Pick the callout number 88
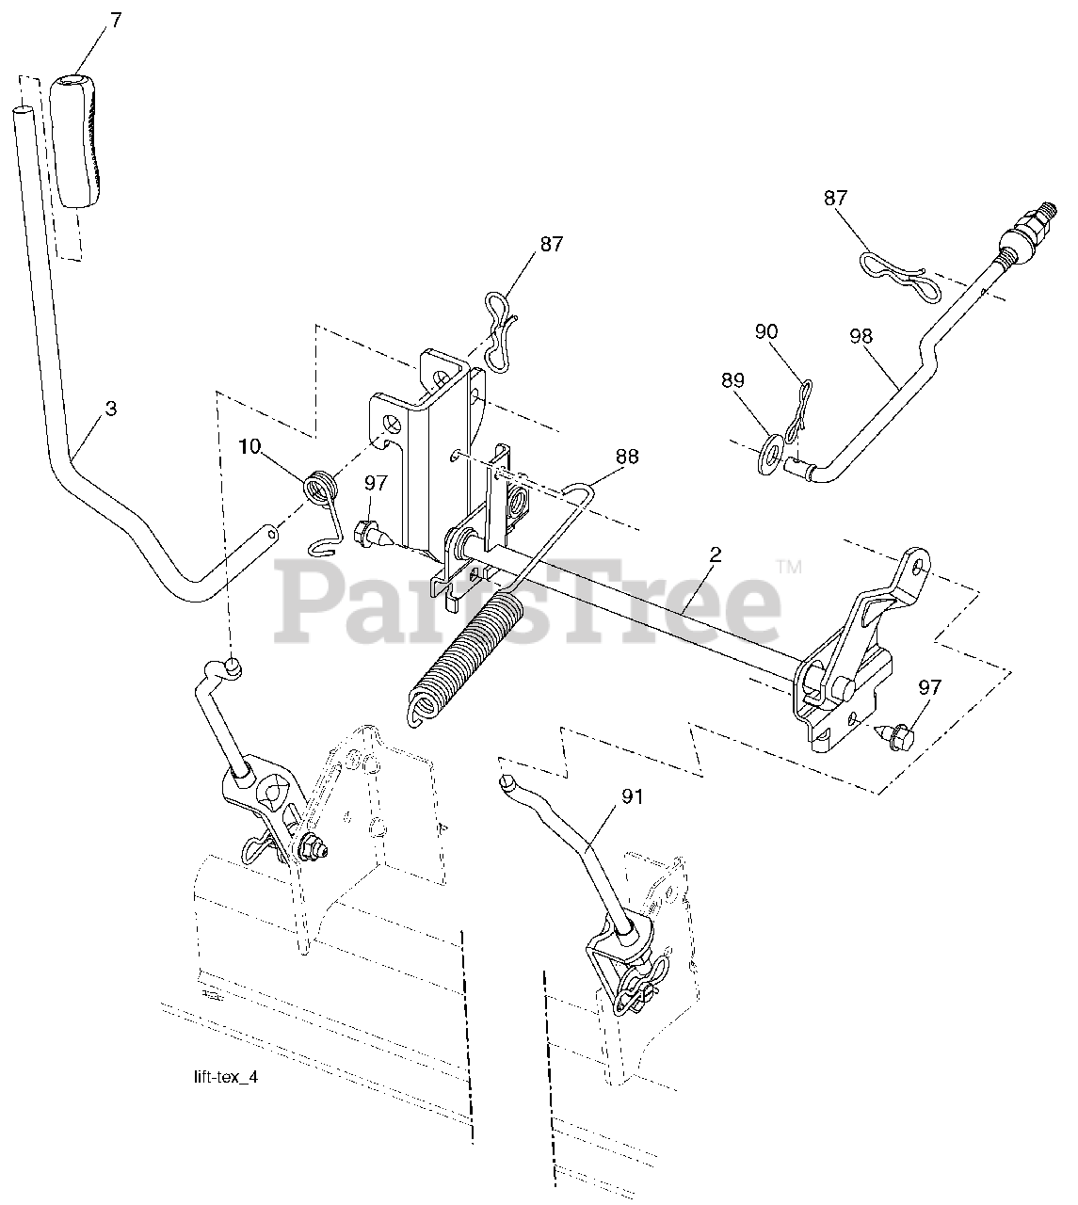(626, 457)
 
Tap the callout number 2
(715, 555)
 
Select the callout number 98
(860, 336)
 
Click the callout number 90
(766, 331)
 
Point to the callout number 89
(732, 381)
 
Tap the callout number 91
(632, 797)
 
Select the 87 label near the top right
(834, 198)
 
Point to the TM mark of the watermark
(788, 567)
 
